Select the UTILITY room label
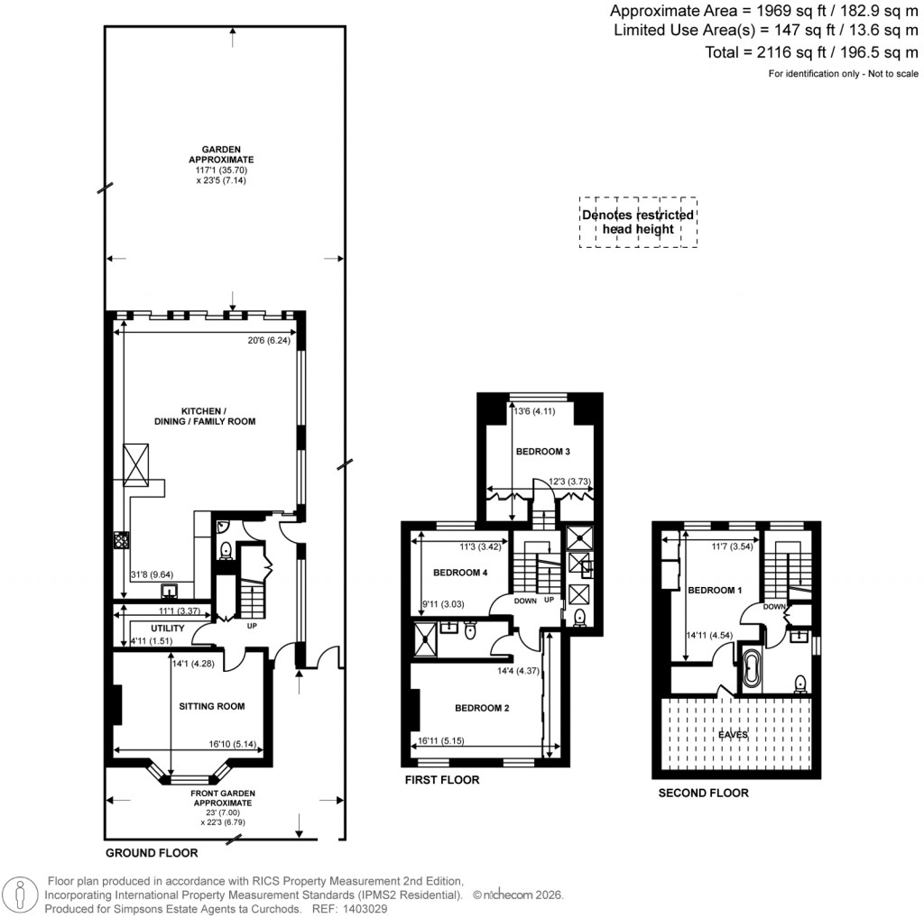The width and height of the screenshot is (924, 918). click(x=167, y=629)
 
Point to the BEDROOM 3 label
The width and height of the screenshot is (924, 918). click(x=542, y=451)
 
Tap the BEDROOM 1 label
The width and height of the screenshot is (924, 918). click(x=715, y=591)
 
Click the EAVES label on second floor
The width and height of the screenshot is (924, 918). click(x=732, y=736)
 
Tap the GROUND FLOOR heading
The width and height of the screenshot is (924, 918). click(x=152, y=852)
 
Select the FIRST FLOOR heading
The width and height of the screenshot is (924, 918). click(x=442, y=780)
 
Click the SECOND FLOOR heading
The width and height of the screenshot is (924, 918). click(x=703, y=794)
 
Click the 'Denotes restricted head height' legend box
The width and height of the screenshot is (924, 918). click(x=638, y=223)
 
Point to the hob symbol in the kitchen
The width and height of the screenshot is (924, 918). click(x=121, y=540)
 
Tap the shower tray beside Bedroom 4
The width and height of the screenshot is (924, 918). click(x=424, y=635)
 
